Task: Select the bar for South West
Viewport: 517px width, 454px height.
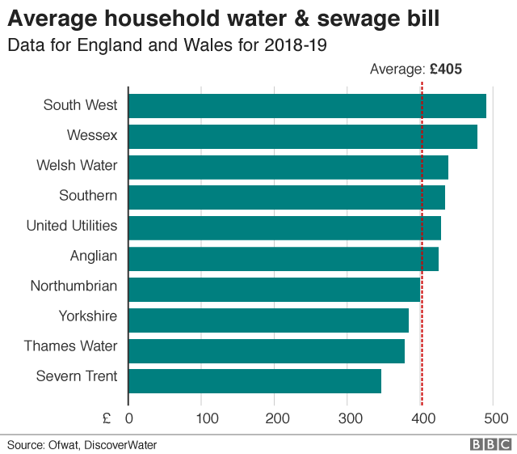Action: (x=307, y=106)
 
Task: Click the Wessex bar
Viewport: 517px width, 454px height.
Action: (x=303, y=136)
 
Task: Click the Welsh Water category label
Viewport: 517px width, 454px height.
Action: (x=77, y=165)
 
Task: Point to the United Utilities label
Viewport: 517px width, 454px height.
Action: (x=72, y=226)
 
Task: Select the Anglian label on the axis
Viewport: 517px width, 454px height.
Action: (x=94, y=256)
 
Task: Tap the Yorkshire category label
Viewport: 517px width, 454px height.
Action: (x=87, y=316)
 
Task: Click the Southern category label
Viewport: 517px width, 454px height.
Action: (x=88, y=195)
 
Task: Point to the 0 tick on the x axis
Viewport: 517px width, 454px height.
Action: (x=129, y=418)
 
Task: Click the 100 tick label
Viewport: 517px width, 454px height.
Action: (x=202, y=418)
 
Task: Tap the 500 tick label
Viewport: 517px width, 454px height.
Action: (x=494, y=418)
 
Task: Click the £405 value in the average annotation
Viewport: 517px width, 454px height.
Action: (x=445, y=70)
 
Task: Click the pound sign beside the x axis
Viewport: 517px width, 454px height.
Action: (x=107, y=418)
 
